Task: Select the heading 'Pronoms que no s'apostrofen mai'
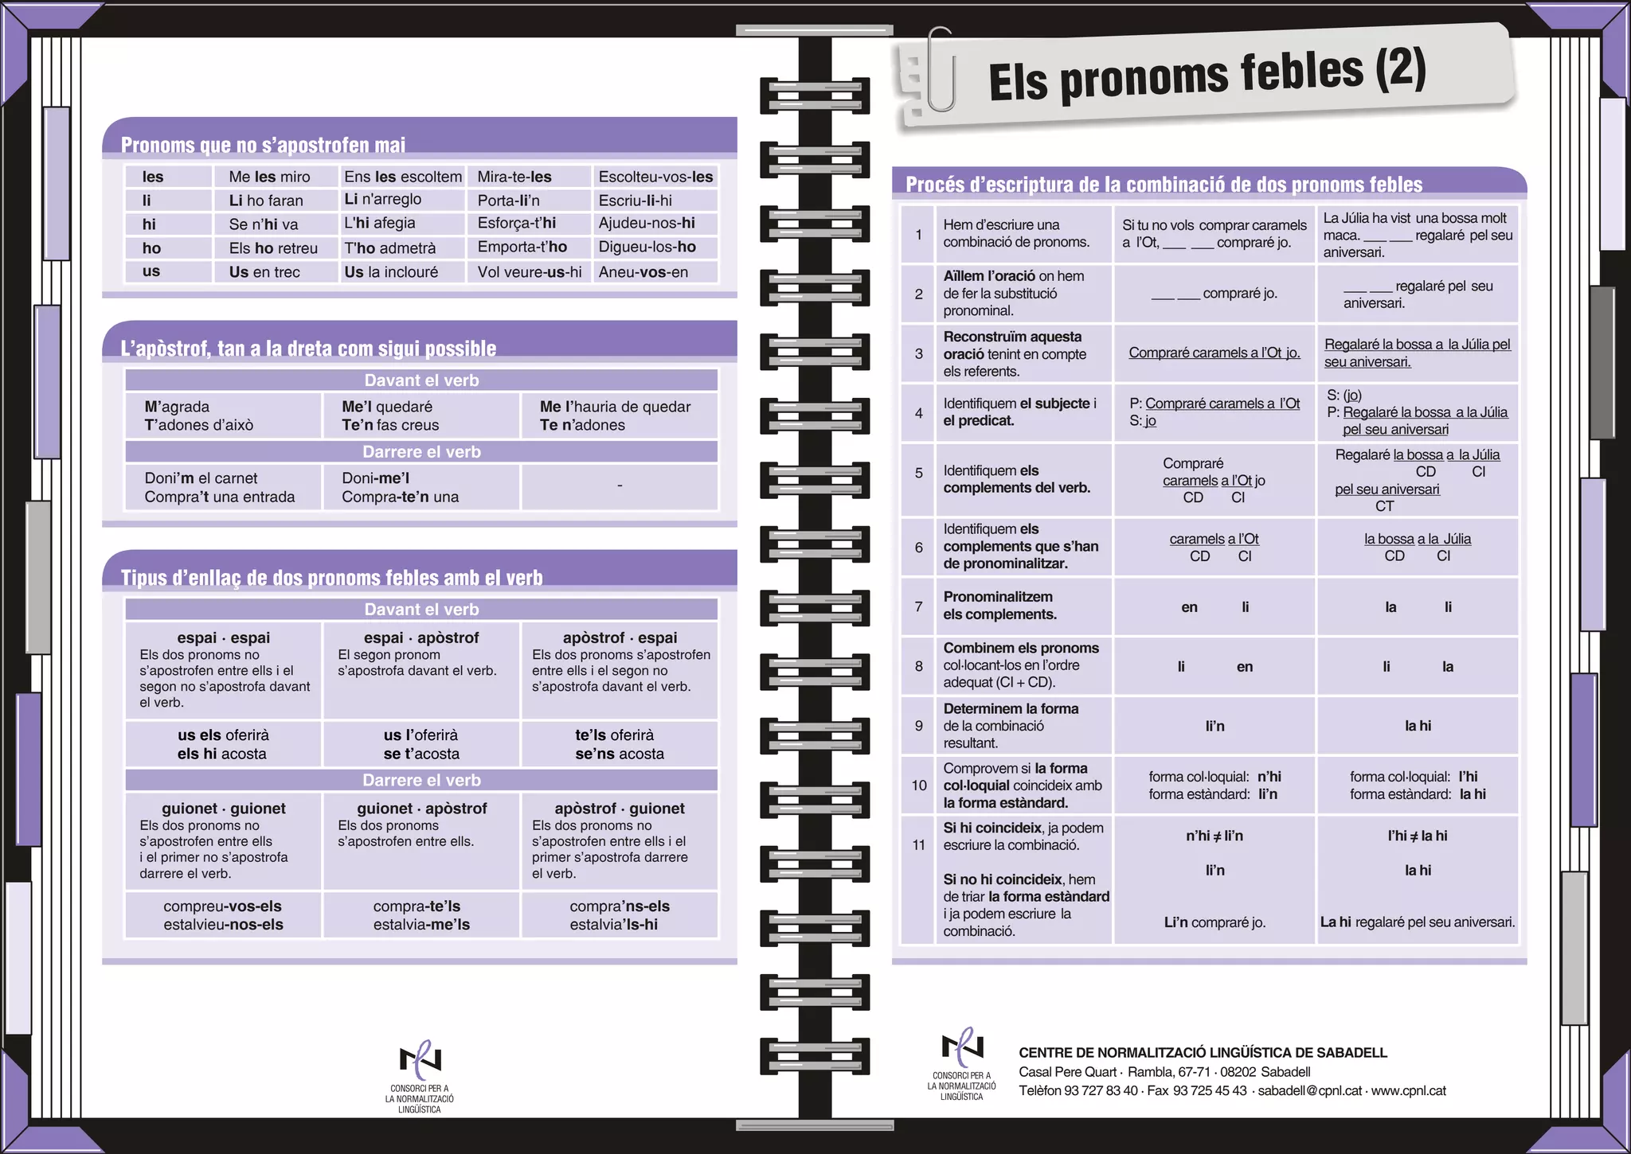(263, 145)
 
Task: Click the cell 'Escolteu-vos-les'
(655, 177)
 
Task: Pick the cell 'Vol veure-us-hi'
(529, 272)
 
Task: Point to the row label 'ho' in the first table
(151, 248)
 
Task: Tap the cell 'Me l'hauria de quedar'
(615, 407)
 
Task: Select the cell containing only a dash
(620, 486)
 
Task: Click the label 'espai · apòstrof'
(421, 637)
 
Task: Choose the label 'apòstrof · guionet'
(620, 809)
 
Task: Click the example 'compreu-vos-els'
(223, 906)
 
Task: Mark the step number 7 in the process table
(918, 606)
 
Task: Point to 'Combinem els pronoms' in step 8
(1021, 648)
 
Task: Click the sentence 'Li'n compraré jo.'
(1214, 922)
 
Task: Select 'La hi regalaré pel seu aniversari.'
(1418, 922)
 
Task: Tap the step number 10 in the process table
(918, 786)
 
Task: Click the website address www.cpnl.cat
(1408, 1091)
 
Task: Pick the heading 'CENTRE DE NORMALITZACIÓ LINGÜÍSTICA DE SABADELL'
(1203, 1053)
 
